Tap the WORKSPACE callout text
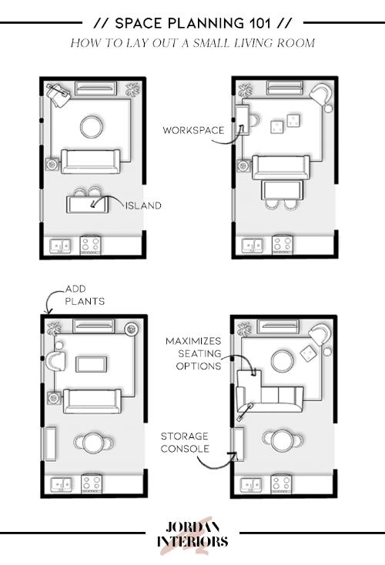(192, 130)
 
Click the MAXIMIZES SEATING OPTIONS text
(192, 353)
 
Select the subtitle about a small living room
(192, 43)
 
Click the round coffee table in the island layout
(92, 125)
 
